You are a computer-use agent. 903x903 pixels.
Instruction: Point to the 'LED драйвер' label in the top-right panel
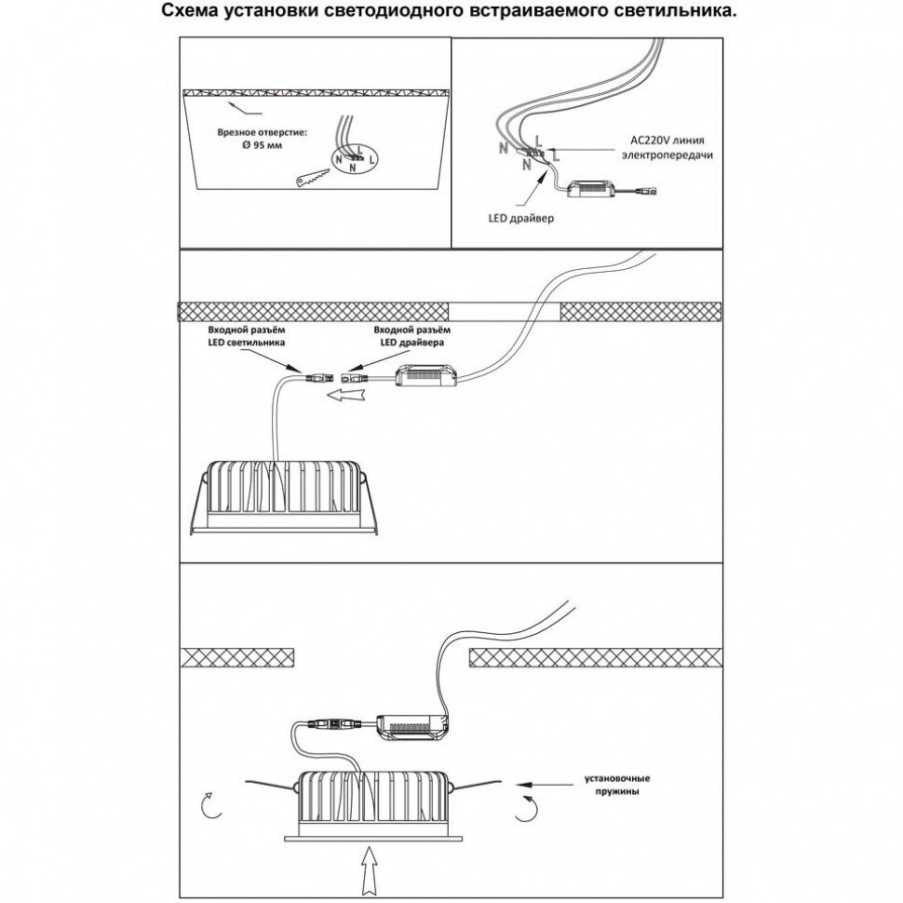click(x=520, y=220)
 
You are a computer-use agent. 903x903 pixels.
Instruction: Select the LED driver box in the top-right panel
click(x=590, y=189)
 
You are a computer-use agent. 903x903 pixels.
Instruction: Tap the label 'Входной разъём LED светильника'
click(x=245, y=336)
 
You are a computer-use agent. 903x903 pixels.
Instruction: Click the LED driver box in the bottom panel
click(x=413, y=723)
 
